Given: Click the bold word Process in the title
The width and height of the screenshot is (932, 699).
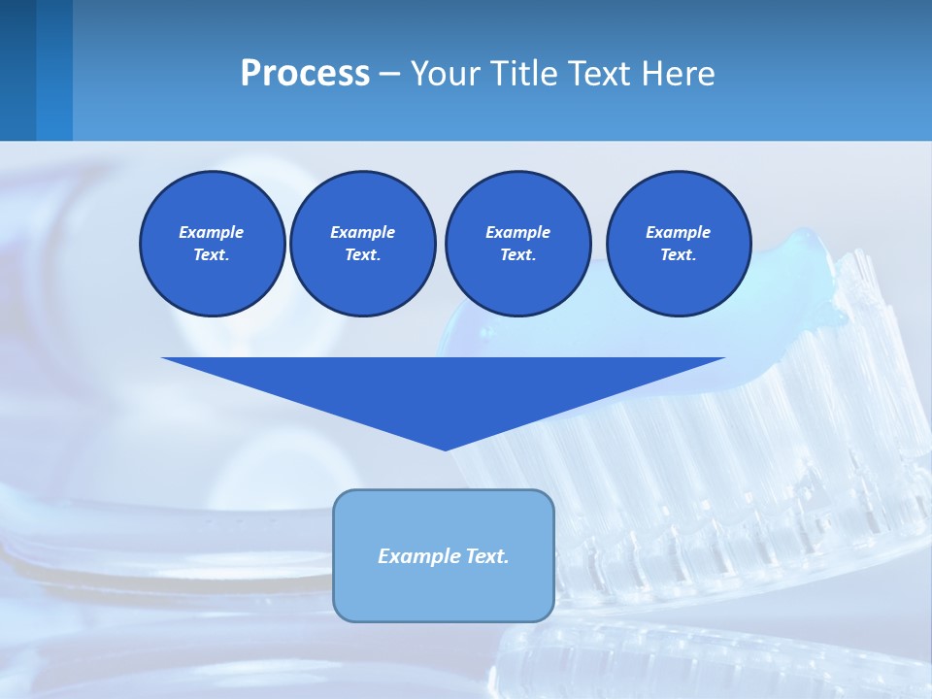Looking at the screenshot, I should click(305, 74).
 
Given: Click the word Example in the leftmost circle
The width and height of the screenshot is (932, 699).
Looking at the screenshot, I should click(212, 232).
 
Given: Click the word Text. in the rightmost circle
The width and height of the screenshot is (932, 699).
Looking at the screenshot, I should click(678, 254).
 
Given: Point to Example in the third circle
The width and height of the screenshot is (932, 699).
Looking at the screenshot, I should click(517, 232).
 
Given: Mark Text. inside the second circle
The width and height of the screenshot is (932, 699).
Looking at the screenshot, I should click(362, 254).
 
